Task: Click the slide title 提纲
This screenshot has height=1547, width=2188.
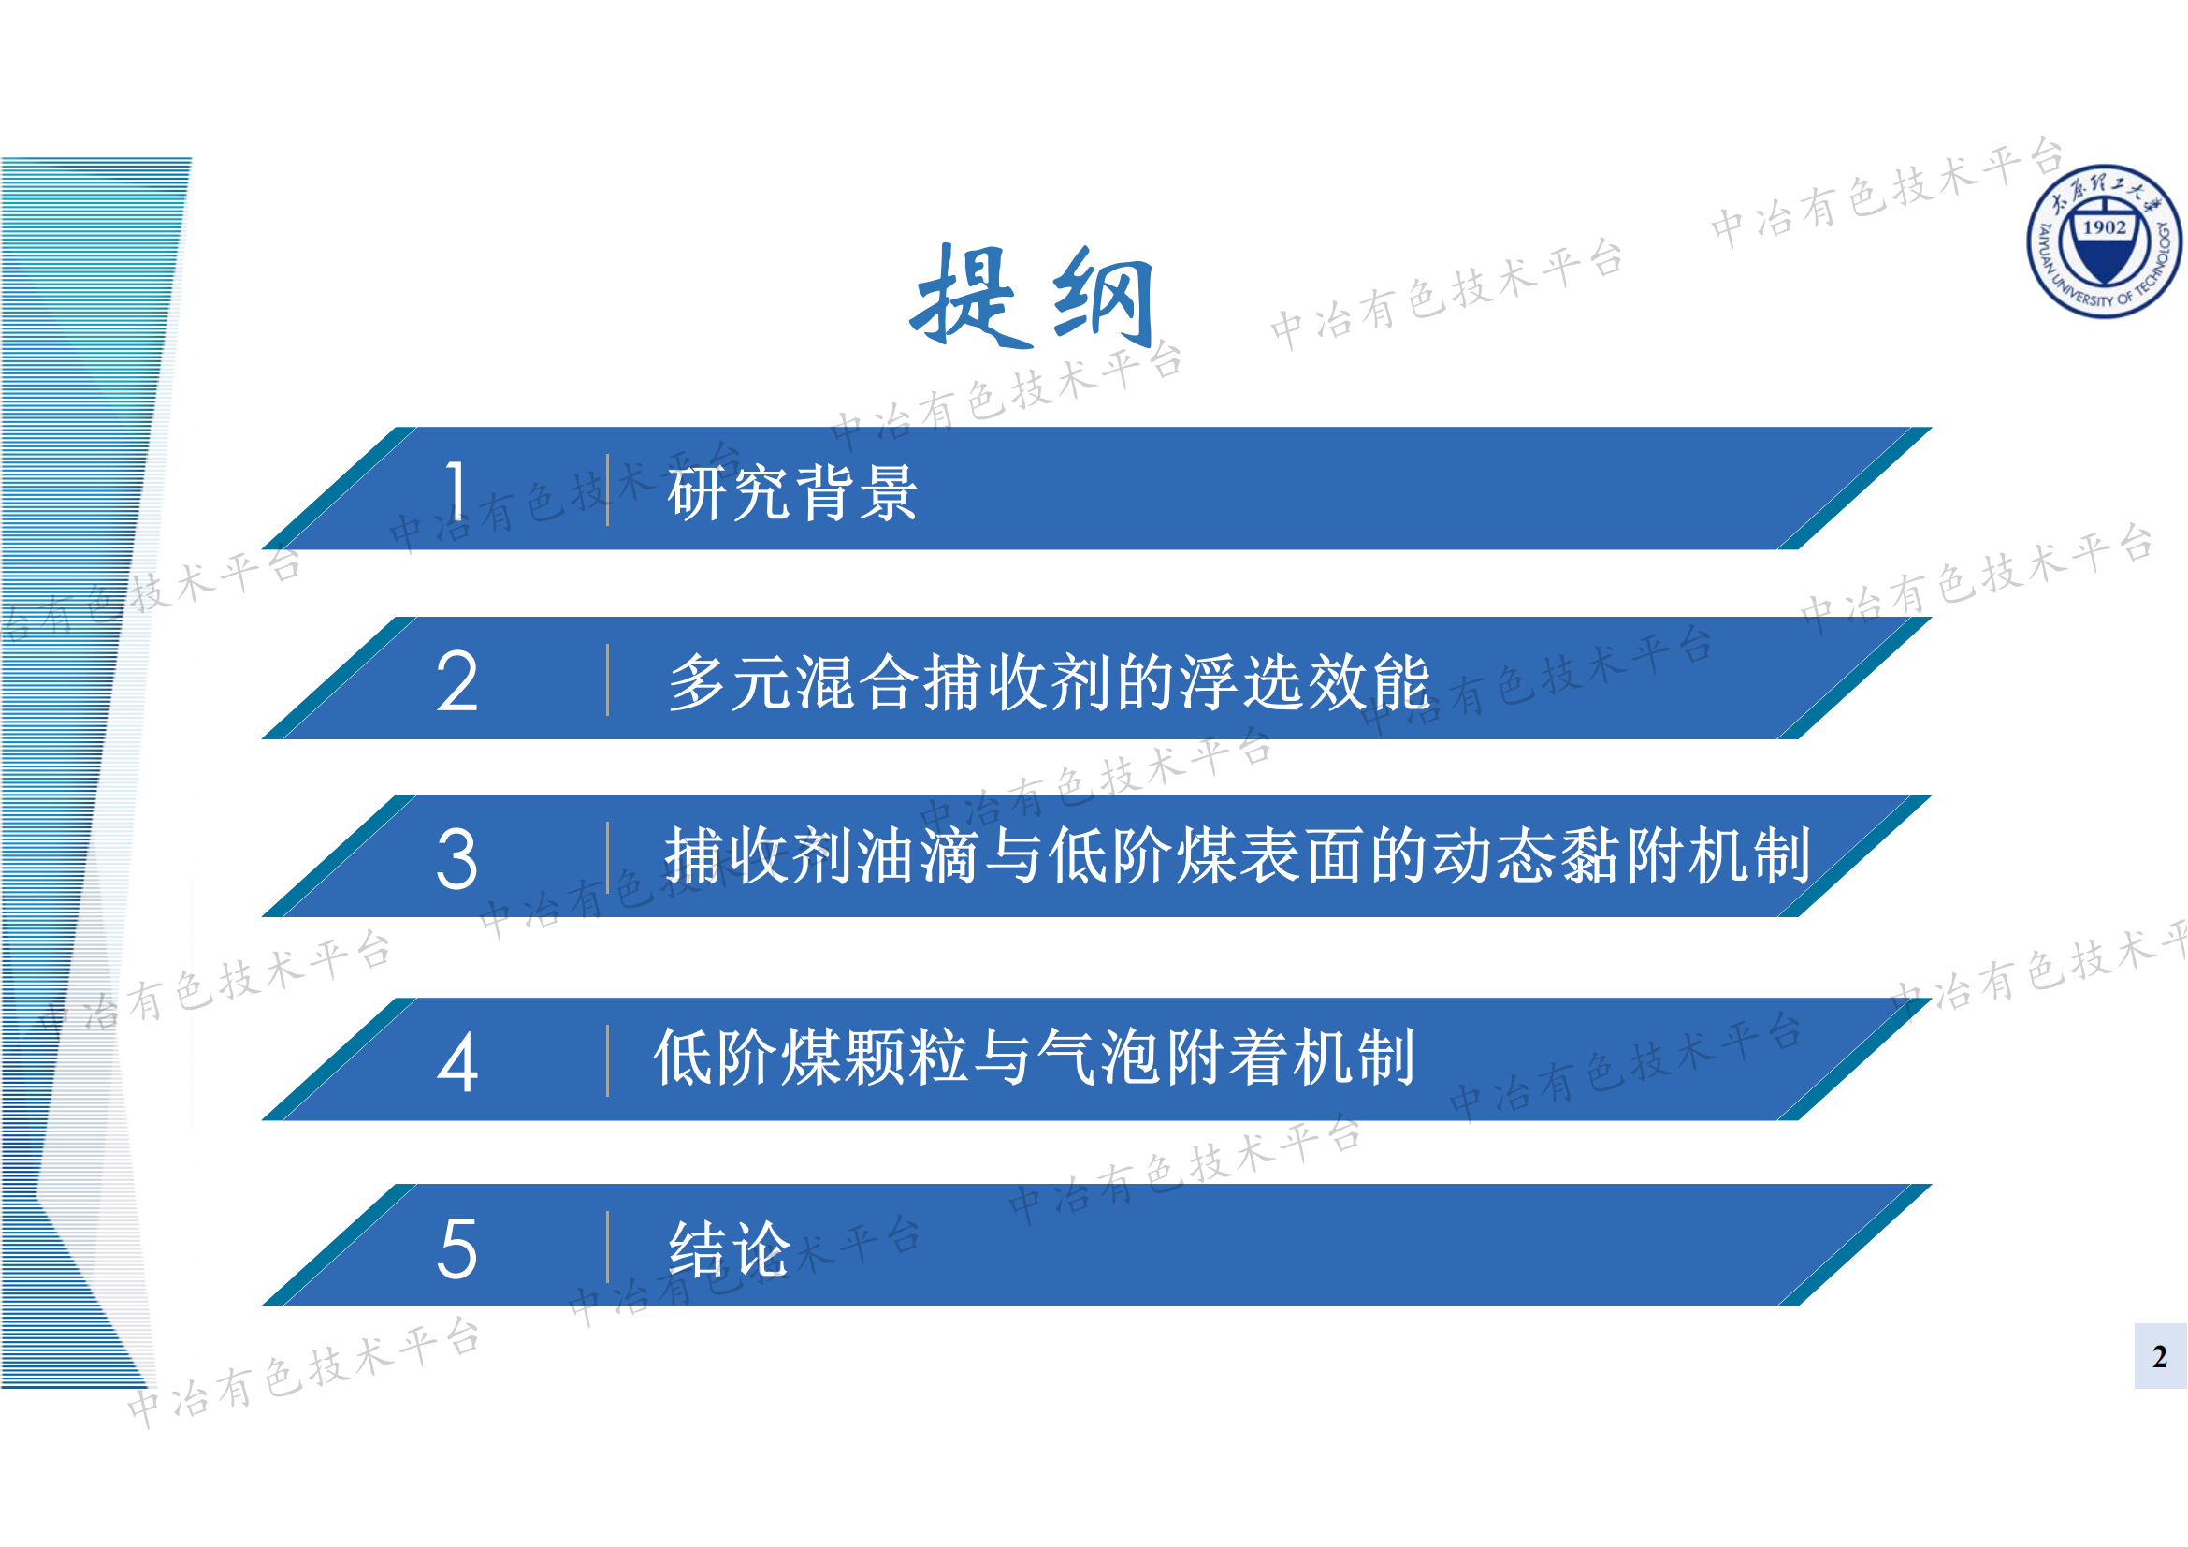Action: point(1033,297)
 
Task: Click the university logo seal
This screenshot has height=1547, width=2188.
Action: point(2104,241)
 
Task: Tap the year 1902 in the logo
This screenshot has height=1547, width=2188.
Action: point(2104,227)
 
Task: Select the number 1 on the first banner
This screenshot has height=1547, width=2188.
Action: point(456,491)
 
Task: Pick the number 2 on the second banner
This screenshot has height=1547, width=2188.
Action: point(456,681)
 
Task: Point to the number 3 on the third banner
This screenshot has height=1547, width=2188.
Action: point(456,859)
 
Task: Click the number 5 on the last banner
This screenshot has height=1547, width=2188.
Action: point(456,1248)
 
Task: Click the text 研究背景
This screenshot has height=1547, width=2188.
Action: point(792,493)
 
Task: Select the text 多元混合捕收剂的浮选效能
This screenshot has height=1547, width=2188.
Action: point(1050,682)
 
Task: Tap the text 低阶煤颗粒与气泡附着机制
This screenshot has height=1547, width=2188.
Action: point(1034,1058)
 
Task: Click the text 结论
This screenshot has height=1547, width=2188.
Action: point(730,1248)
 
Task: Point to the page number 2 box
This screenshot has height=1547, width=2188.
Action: point(2159,1355)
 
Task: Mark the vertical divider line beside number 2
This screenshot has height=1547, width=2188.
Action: point(607,680)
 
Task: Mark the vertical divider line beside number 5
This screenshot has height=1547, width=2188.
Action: point(607,1248)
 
